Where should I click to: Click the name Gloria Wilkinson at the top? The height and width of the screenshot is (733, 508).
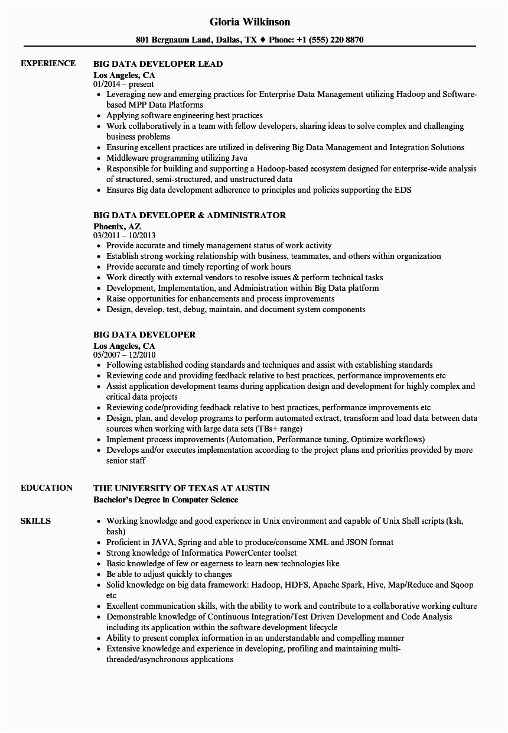[x=250, y=22]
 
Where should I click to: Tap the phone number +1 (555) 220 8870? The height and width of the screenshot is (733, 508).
[x=331, y=40]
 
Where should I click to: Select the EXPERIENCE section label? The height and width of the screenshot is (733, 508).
[x=48, y=63]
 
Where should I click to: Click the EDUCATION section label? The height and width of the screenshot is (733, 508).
[x=47, y=488]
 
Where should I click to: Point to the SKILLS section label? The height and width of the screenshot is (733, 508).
[x=35, y=521]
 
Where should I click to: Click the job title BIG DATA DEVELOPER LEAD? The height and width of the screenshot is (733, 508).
[x=158, y=64]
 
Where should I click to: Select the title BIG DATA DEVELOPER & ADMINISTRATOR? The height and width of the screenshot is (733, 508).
[x=189, y=215]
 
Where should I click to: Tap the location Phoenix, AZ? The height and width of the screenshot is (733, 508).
[x=116, y=226]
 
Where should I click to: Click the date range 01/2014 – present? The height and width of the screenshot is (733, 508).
[x=123, y=84]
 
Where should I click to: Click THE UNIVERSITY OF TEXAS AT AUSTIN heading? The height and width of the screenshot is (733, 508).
[x=181, y=488]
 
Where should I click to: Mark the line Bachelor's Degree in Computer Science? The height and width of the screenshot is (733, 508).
[x=165, y=500]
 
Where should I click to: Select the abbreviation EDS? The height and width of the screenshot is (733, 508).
[x=403, y=190]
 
